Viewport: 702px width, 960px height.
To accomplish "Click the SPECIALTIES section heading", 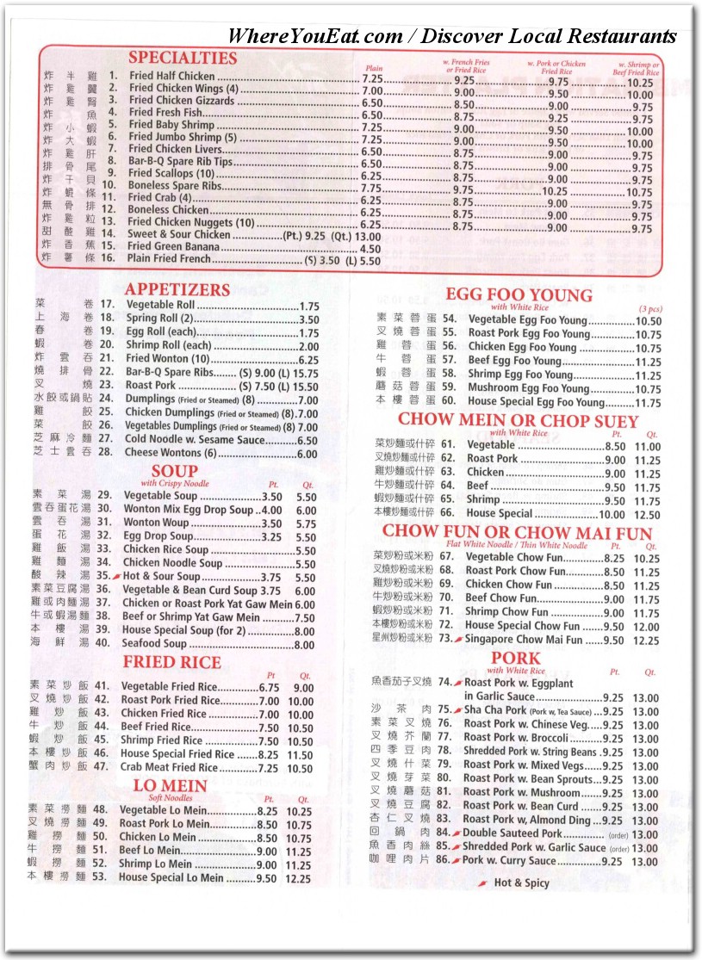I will pyautogui.click(x=182, y=58).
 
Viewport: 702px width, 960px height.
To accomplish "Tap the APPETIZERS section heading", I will pyautogui.click(x=177, y=289).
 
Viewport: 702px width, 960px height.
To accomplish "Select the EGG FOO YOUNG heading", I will pyautogui.click(x=519, y=295).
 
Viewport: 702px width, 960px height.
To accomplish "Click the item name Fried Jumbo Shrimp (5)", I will pyautogui.click(x=183, y=137).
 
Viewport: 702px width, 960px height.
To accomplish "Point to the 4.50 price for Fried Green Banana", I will pyautogui.click(x=368, y=247).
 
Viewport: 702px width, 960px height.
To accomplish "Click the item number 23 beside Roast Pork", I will pyautogui.click(x=107, y=386).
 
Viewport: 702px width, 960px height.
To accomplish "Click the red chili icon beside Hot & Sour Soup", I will pyautogui.click(x=118, y=577).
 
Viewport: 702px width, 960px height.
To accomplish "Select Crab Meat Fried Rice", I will pyautogui.click(x=169, y=767).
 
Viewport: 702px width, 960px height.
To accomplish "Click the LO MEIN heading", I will pyautogui.click(x=170, y=785).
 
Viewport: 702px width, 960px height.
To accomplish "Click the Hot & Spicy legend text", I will pyautogui.click(x=521, y=883).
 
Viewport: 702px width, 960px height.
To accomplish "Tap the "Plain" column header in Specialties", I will pyautogui.click(x=374, y=67).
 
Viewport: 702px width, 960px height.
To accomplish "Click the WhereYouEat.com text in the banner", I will pyautogui.click(x=314, y=36).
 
